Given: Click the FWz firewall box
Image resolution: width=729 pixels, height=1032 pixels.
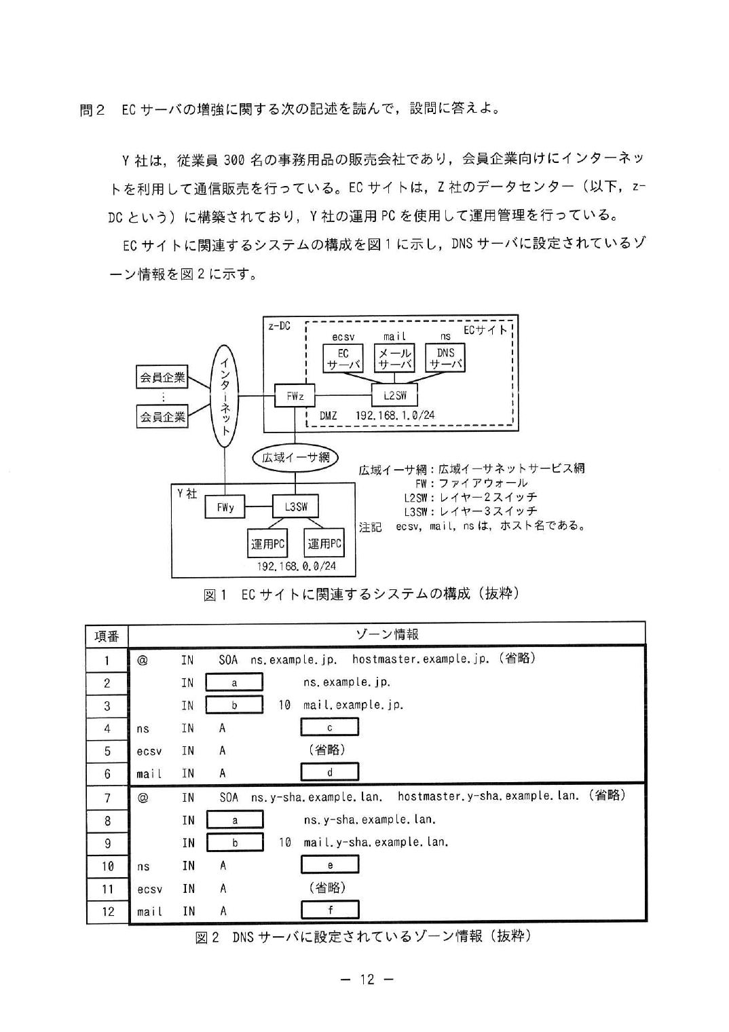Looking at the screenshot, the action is point(295,395).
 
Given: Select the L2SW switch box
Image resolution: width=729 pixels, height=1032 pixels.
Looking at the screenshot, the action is point(394,395).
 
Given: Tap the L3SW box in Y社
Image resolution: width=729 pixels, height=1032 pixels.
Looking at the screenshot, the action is point(295,506).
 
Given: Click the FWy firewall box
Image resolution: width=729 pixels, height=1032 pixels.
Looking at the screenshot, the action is point(225,506).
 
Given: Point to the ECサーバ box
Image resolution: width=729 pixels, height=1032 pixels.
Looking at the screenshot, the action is point(343,358).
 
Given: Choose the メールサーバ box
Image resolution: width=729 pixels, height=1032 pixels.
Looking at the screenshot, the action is point(394,358).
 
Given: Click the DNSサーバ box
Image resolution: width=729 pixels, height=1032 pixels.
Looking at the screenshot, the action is point(445,358).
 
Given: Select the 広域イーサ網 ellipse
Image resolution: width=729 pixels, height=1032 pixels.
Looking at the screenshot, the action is point(295,458).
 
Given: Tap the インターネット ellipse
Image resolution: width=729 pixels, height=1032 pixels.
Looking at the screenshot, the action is point(225,396).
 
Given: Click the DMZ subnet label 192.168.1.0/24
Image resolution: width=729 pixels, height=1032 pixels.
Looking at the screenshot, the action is point(394,416).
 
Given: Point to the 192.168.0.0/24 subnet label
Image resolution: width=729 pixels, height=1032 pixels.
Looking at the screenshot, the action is point(296,566).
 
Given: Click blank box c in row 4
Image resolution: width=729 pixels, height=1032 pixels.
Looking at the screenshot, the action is point(329,727).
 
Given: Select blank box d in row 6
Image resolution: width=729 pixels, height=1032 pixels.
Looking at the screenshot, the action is point(329,772).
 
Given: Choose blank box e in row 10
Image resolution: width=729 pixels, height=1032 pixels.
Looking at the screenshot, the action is point(330,865).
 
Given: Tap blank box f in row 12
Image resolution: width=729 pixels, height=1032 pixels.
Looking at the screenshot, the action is point(330,910).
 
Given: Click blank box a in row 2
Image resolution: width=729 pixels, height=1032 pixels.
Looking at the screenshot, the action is point(234,682).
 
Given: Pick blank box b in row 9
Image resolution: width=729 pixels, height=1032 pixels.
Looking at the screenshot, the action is point(235,843).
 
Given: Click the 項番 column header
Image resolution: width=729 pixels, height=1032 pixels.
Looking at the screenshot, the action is point(107,636).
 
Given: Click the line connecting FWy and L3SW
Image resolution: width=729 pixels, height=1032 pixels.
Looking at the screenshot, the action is point(259,506).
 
